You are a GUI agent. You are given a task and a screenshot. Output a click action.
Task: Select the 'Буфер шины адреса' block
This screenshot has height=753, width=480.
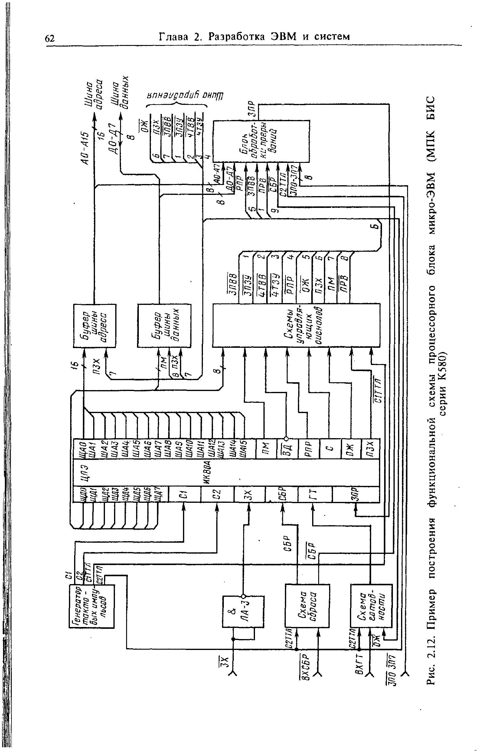click(94, 325)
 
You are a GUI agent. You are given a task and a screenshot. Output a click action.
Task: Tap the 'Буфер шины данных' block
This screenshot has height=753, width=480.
click(164, 325)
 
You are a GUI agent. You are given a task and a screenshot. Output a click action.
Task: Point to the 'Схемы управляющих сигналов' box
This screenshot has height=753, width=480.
click(296, 325)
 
